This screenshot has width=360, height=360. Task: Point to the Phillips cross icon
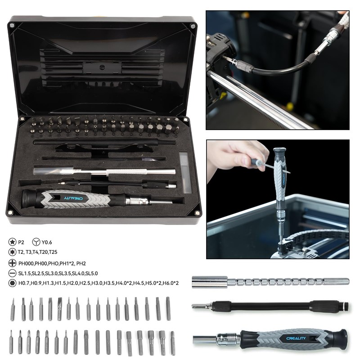tap(10, 263)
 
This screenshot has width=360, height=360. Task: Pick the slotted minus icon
tap(10, 273)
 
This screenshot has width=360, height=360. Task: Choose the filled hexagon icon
tap(10, 283)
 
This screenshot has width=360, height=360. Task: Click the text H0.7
tap(24, 283)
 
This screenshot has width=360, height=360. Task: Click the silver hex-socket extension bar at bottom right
tap(270, 282)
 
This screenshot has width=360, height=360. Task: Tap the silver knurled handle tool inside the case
tap(106, 172)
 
